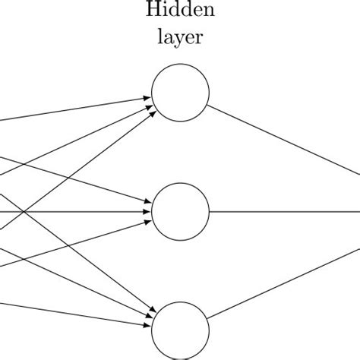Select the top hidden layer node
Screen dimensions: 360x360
180,93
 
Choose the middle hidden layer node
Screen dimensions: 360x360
180,212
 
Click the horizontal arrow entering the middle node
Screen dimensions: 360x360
76,212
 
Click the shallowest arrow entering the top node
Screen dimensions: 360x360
76,109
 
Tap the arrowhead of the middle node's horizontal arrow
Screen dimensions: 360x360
147,212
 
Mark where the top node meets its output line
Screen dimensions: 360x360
207,106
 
